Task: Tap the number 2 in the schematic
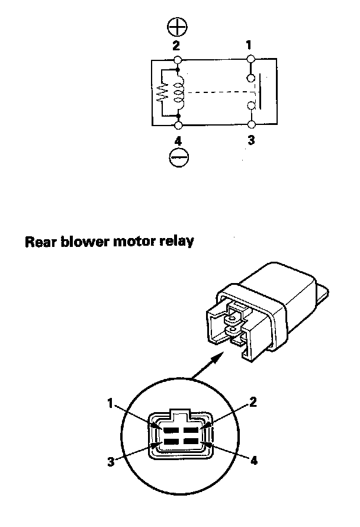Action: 177,45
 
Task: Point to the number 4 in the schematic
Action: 178,141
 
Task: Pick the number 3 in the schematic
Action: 251,142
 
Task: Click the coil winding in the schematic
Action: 179,92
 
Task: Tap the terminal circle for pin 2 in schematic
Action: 178,59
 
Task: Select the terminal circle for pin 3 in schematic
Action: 251,125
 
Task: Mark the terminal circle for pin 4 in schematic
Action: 178,125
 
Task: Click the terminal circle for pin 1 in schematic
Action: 250,59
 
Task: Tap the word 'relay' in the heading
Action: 176,242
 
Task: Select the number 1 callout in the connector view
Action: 110,403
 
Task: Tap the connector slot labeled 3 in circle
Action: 169,442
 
